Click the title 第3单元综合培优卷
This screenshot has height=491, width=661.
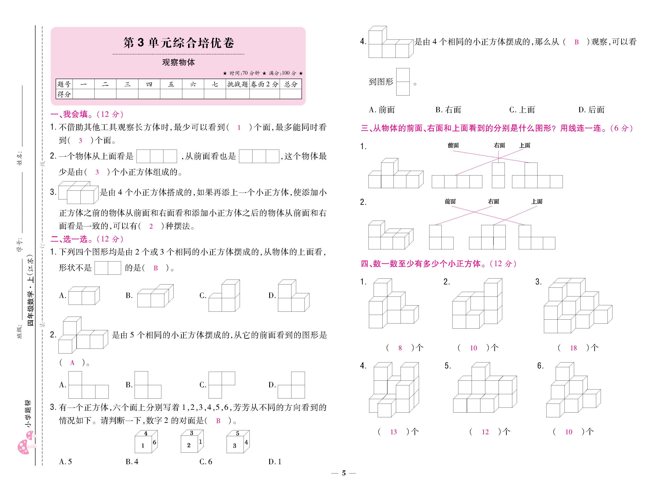click(x=179, y=43)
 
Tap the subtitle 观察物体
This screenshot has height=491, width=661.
click(x=178, y=62)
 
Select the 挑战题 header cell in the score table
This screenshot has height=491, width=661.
click(x=238, y=84)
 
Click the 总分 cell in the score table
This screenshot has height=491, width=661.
click(x=291, y=84)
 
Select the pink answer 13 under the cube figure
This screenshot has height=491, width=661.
click(x=393, y=432)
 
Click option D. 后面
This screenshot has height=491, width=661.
click(x=591, y=110)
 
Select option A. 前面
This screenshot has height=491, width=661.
click(x=382, y=110)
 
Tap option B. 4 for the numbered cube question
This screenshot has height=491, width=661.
click(x=132, y=462)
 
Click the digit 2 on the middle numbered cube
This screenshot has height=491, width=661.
click(x=189, y=445)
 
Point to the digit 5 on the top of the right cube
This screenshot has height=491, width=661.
click(x=238, y=433)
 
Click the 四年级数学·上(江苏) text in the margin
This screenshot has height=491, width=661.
click(x=31, y=290)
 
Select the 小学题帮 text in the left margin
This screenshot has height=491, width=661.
click(x=28, y=414)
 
